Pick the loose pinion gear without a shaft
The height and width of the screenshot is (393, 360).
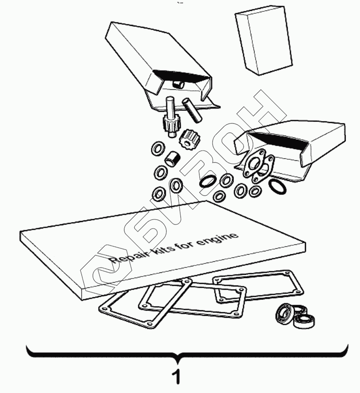tap(188, 139)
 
